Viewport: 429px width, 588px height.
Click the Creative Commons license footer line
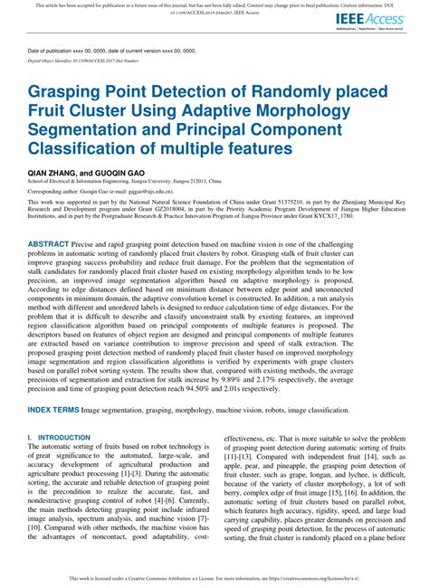(x=214, y=576)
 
